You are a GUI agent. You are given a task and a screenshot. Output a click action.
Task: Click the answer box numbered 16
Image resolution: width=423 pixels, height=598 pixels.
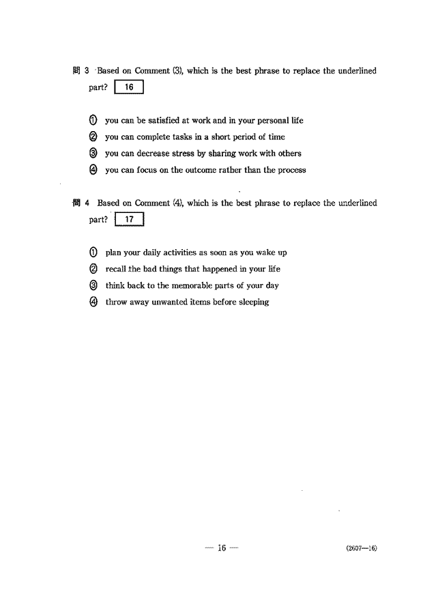(x=130, y=87)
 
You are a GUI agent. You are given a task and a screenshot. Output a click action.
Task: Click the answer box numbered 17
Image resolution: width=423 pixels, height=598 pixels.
(x=130, y=220)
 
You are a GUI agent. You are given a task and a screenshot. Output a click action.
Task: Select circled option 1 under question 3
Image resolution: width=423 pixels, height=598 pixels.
(x=93, y=120)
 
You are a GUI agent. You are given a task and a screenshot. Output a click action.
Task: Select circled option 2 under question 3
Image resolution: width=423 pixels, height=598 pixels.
(x=93, y=137)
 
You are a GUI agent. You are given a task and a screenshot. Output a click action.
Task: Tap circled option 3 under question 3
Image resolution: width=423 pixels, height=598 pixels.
(x=93, y=154)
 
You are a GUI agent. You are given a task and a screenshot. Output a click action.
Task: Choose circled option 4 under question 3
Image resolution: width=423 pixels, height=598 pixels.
(x=93, y=170)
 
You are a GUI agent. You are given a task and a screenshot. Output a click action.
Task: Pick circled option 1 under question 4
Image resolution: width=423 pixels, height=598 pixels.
(x=93, y=253)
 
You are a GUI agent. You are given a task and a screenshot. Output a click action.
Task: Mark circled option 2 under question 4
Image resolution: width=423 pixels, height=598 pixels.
(x=93, y=269)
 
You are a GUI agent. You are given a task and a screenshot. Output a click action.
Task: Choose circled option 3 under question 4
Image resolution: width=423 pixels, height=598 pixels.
(x=93, y=285)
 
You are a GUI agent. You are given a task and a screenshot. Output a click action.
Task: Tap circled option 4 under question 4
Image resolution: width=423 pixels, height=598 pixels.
(x=93, y=302)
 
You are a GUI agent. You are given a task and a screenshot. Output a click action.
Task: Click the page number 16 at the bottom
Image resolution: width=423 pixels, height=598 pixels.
(x=222, y=547)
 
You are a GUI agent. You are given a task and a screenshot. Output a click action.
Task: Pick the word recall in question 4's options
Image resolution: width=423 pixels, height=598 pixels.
(x=115, y=269)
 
